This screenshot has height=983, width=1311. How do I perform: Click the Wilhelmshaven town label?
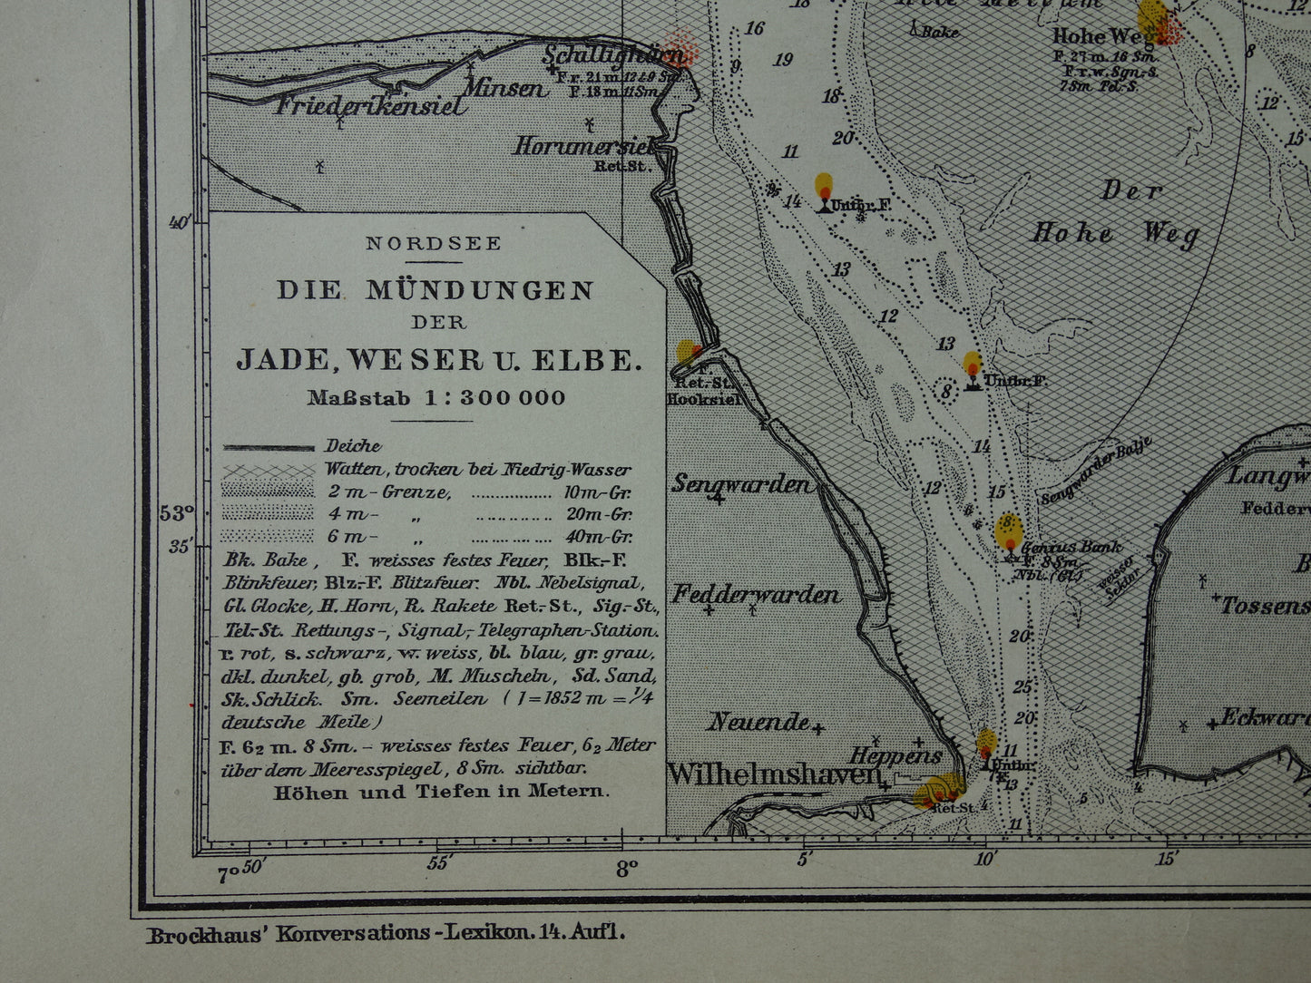(773, 774)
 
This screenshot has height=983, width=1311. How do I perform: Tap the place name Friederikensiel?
(372, 106)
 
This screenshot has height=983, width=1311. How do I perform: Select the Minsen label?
(505, 88)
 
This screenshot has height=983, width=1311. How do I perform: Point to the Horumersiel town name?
(582, 145)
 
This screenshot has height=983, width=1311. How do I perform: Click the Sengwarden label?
(740, 484)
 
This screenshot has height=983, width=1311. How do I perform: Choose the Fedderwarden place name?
(755, 595)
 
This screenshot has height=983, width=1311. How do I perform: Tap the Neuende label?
(758, 722)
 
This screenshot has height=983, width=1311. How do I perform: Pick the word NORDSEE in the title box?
(434, 244)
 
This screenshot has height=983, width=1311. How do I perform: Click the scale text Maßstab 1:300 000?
(435, 397)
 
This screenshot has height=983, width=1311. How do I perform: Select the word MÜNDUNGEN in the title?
(480, 290)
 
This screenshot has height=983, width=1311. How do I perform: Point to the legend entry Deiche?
(353, 446)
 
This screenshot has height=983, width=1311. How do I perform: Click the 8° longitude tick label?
(626, 870)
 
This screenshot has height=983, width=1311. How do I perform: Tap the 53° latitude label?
(178, 513)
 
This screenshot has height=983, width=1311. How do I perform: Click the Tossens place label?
(1265, 605)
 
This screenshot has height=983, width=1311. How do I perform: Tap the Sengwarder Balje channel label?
(1096, 471)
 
